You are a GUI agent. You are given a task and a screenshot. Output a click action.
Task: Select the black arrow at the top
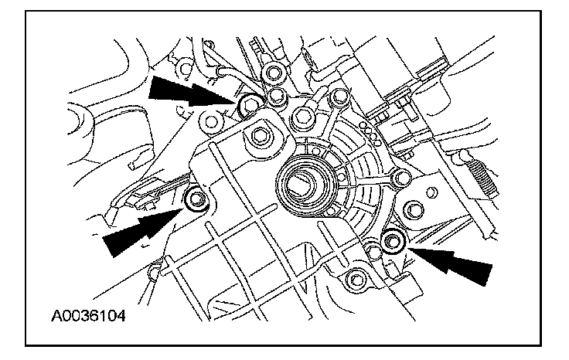pos(190,93)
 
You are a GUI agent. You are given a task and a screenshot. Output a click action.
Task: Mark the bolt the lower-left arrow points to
pos(196,201)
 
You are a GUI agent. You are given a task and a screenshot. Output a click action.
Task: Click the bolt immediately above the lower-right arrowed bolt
pos(412,212)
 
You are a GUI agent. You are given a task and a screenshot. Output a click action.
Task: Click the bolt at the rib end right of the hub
pos(400,180)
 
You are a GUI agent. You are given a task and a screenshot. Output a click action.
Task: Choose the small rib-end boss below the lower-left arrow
pos(158,271)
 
